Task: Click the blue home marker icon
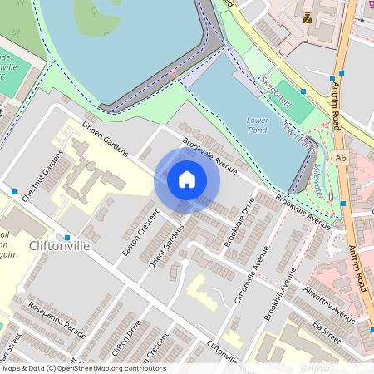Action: (187, 180)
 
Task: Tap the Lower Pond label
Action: (258, 125)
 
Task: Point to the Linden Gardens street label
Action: (105, 139)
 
